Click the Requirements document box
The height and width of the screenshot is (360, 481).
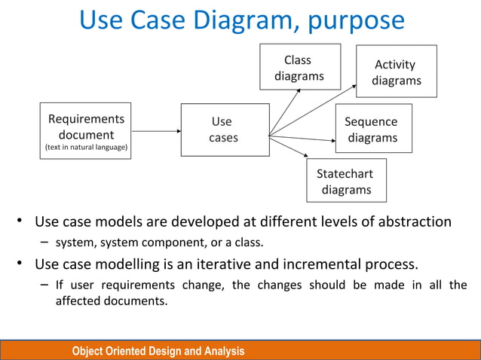point(85,130)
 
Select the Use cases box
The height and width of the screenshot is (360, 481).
point(225,130)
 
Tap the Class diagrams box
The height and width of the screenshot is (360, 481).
point(299,68)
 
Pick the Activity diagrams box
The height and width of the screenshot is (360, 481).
point(396,73)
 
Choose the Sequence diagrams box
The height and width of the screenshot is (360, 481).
point(372,130)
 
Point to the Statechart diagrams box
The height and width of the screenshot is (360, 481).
point(346,181)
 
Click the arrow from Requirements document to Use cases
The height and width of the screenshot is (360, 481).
point(156,131)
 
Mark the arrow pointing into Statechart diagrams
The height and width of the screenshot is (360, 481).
point(290,147)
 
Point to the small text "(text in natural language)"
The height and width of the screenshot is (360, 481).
point(85,148)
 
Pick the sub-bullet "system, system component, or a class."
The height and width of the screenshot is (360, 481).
point(159,243)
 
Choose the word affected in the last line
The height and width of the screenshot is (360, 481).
point(81,301)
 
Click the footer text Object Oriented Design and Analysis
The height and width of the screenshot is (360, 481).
point(158,351)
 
